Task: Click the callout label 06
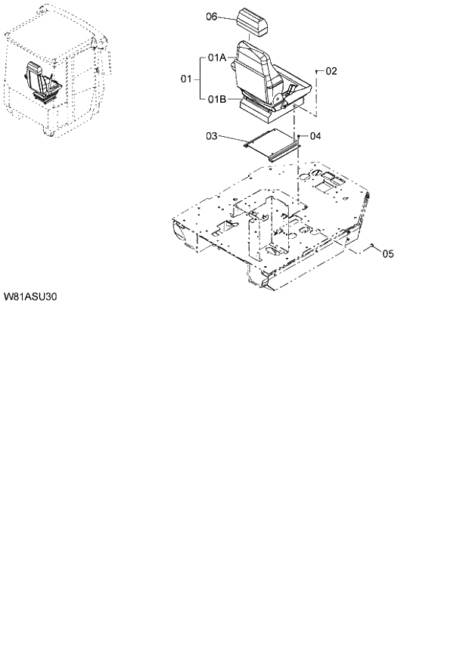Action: point(212,17)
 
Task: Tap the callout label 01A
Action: point(217,57)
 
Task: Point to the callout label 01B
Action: point(217,98)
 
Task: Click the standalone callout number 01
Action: point(186,78)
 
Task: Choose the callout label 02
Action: point(331,71)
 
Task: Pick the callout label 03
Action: point(212,136)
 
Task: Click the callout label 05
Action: point(387,254)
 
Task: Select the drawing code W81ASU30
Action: point(31,296)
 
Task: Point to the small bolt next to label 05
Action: point(372,247)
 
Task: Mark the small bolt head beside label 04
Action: point(299,135)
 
